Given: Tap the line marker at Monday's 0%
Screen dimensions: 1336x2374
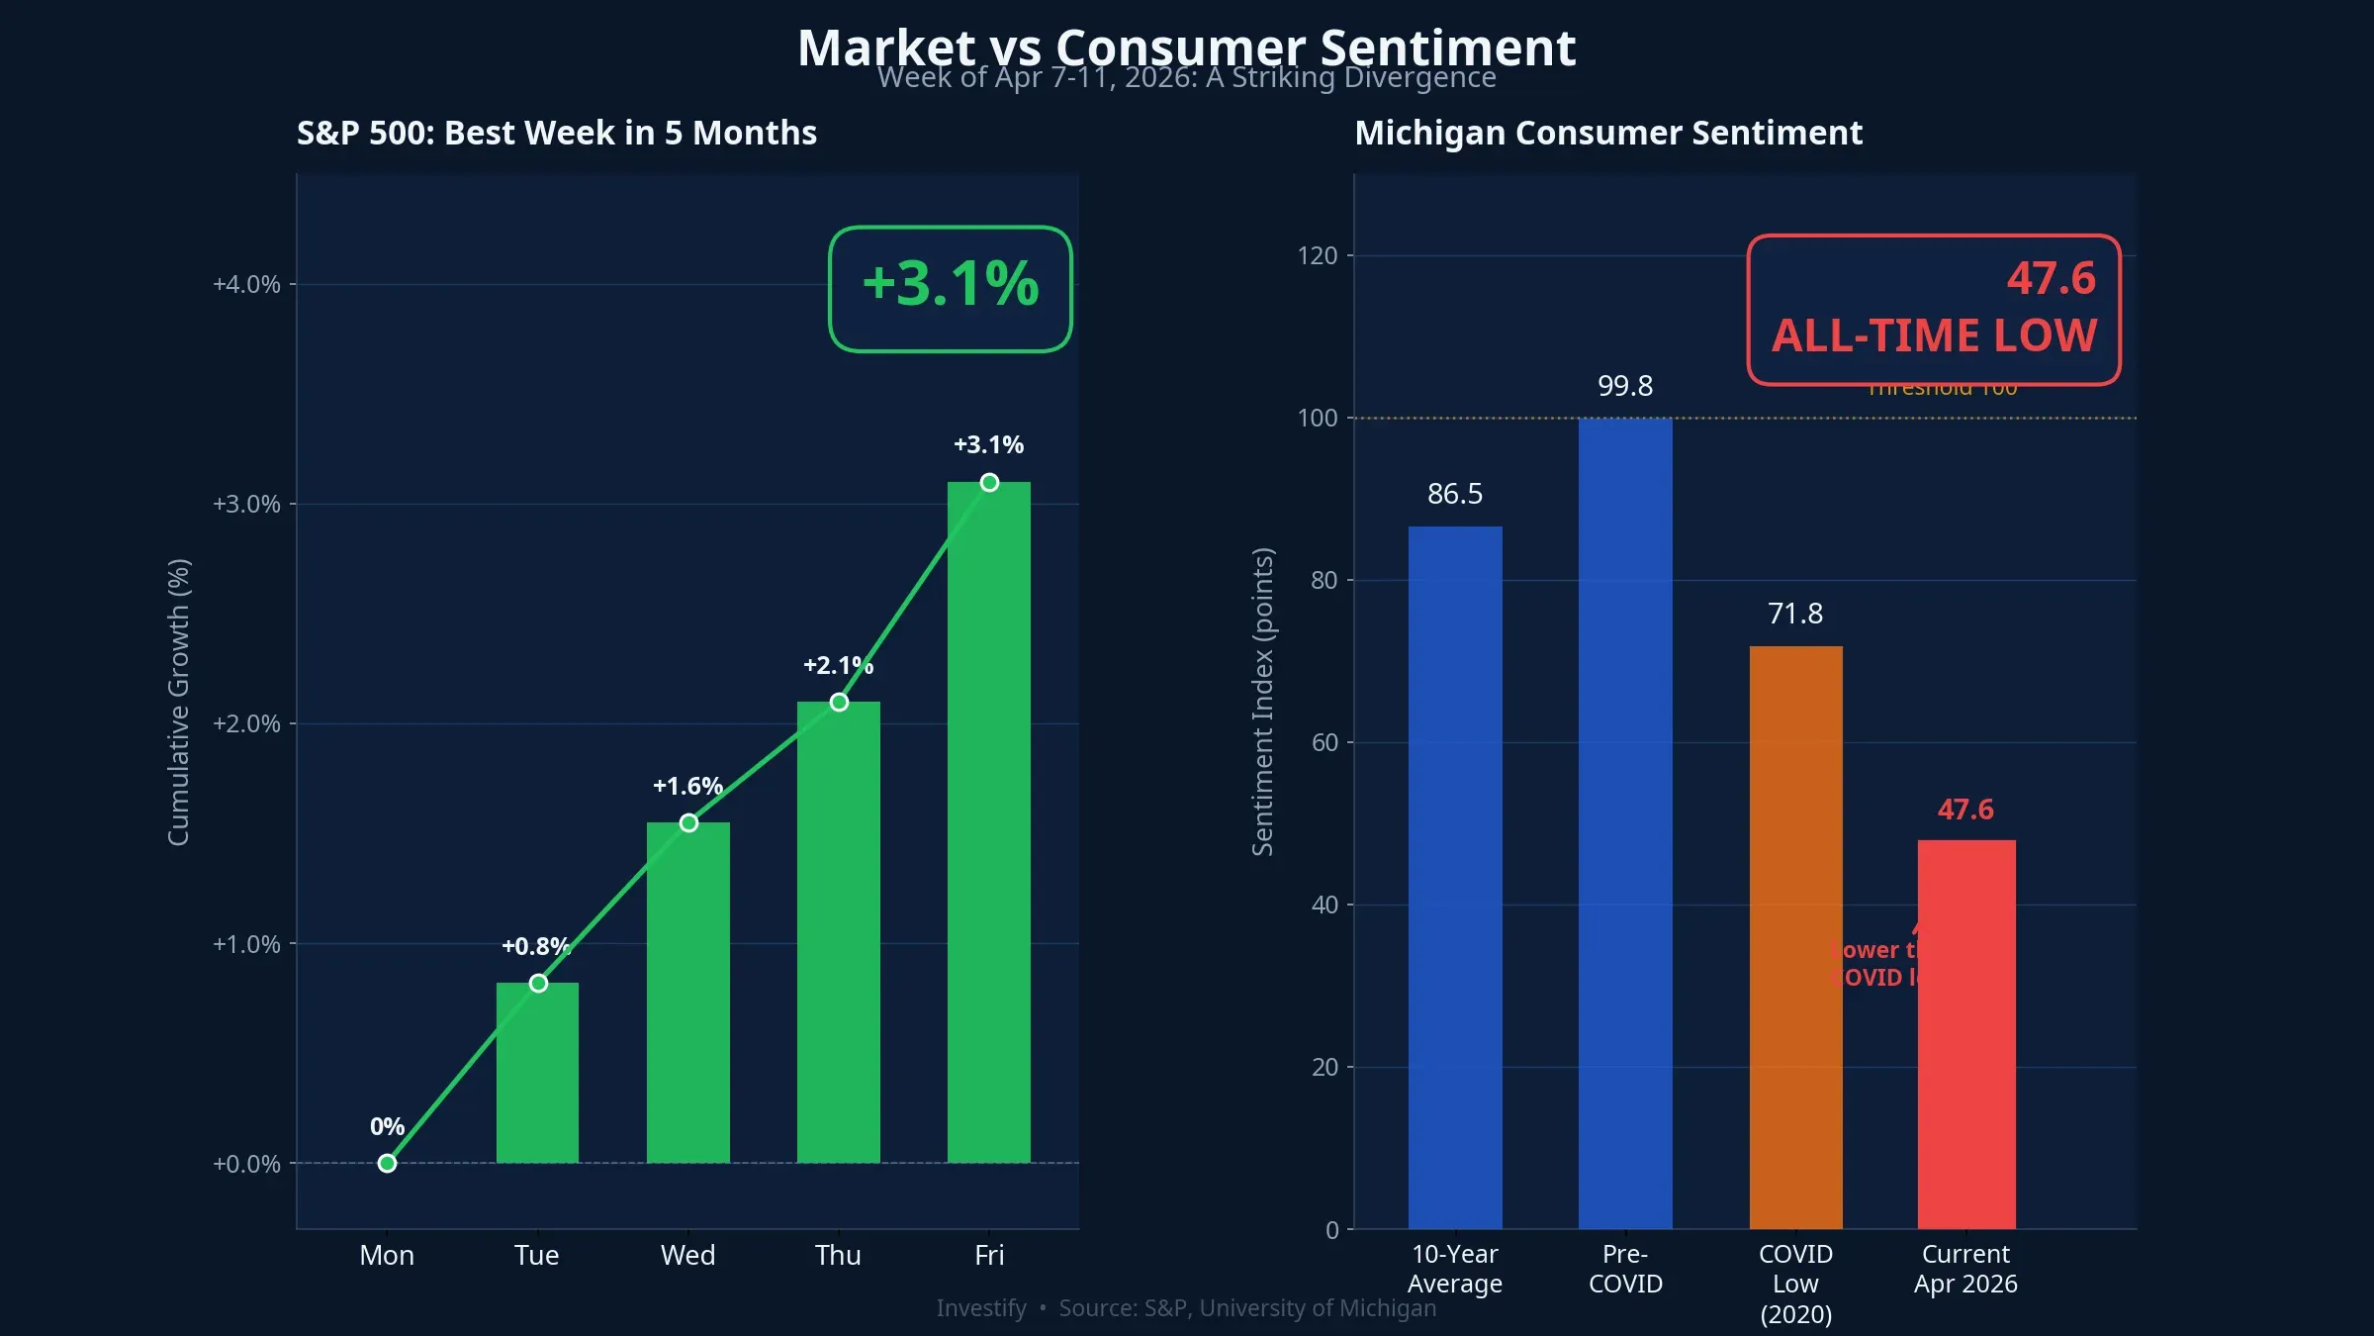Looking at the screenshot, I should tap(387, 1163).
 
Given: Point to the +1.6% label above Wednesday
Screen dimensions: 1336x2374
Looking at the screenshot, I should tap(687, 786).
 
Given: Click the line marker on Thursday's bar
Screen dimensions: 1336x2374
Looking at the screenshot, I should tap(839, 702).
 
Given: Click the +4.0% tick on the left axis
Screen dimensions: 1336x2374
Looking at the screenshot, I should tap(246, 284).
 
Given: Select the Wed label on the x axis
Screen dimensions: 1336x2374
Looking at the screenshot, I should tap(687, 1255).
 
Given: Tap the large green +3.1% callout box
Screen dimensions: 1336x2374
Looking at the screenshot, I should tap(950, 288).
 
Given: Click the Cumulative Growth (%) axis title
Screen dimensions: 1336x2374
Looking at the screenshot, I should tap(178, 702).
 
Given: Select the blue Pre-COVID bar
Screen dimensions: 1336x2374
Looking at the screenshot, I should tap(1625, 821).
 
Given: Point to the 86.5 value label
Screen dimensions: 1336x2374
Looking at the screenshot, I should tap(1454, 493).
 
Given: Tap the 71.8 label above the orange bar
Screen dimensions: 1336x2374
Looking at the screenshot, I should tap(1794, 614).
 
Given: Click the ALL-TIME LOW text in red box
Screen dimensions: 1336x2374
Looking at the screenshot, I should tap(1934, 335).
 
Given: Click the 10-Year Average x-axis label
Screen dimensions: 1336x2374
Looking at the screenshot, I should tap(1454, 1269).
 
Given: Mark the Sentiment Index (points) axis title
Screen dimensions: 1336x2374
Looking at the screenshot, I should tap(1262, 702).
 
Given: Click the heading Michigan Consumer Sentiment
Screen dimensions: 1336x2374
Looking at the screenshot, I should tap(1607, 133).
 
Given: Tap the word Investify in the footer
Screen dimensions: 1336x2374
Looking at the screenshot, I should tap(980, 1308).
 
